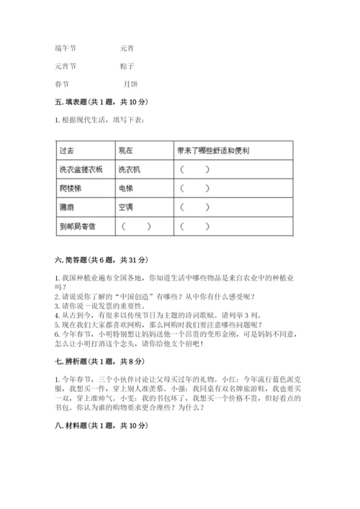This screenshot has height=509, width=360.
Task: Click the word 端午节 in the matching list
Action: click(65, 48)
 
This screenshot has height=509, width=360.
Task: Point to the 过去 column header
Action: click(68, 151)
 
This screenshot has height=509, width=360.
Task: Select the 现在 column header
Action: click(127, 151)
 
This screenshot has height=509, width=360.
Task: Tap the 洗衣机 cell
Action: click(130, 170)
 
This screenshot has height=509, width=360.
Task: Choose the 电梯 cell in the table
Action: click(127, 189)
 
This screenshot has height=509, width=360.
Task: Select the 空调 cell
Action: click(127, 207)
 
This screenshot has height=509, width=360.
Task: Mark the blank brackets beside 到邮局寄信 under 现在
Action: click(138, 226)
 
